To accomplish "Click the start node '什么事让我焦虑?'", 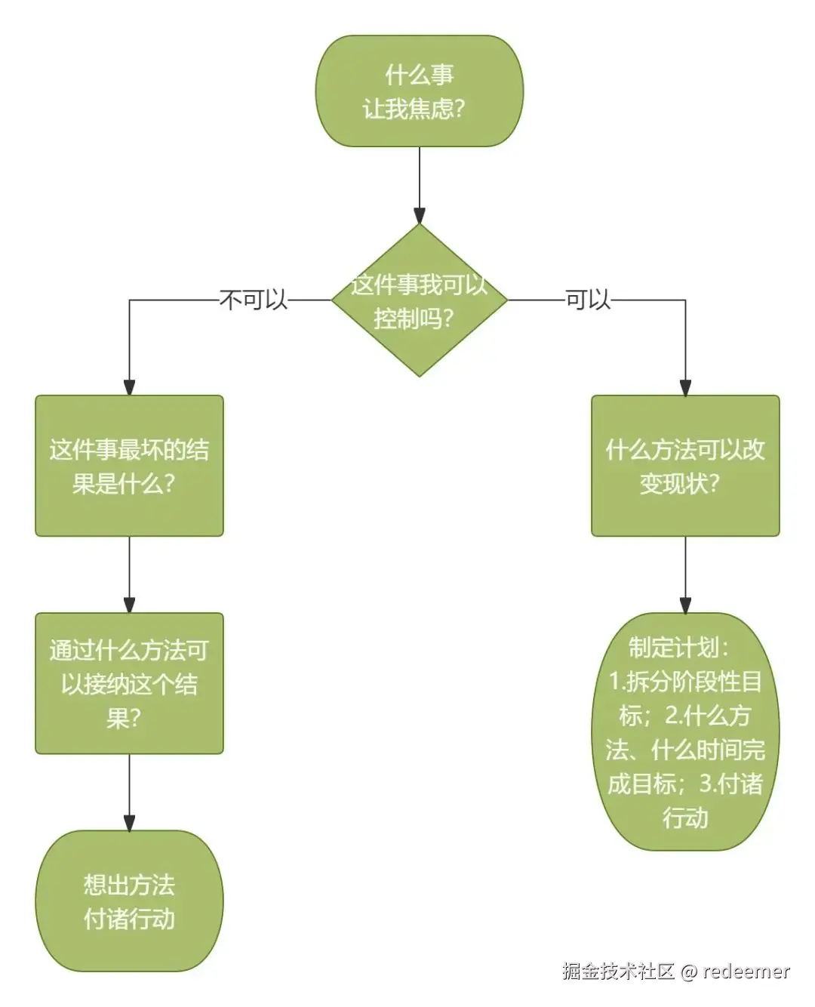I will click(419, 91).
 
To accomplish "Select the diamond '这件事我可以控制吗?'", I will click(419, 300).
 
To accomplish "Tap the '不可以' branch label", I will click(254, 300).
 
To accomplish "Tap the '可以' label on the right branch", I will click(588, 300).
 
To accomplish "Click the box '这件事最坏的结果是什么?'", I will click(129, 466).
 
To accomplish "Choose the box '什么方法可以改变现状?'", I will click(684, 466).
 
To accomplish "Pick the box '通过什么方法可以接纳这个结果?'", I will click(129, 683).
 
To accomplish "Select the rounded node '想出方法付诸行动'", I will click(129, 901).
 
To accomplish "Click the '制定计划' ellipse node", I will click(684, 732).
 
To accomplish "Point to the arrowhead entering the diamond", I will click(419, 216).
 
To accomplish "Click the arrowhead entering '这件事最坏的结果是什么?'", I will click(129, 387).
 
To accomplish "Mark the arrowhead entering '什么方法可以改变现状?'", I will click(684, 387).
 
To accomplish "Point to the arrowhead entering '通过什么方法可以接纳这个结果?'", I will click(129, 605).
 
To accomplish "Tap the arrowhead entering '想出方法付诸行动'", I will click(129, 822).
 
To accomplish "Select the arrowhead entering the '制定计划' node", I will click(684, 605).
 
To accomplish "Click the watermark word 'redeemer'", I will click(746, 972).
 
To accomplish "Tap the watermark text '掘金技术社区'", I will click(618, 972).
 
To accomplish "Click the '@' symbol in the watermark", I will click(688, 972).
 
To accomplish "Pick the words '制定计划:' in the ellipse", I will click(679, 648).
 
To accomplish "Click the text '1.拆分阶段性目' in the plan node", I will click(684, 682).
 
